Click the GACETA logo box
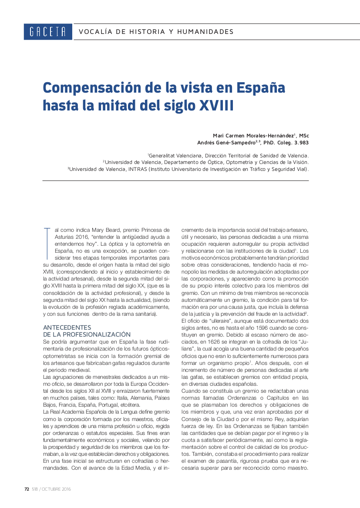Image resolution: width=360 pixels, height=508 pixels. (x=48, y=32)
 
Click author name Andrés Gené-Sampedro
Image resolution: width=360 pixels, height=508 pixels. (x=226, y=142)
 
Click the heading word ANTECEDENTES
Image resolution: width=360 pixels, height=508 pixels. (x=67, y=327)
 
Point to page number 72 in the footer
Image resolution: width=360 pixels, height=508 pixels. (x=27, y=489)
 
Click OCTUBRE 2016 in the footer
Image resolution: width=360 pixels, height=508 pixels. (x=56, y=489)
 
